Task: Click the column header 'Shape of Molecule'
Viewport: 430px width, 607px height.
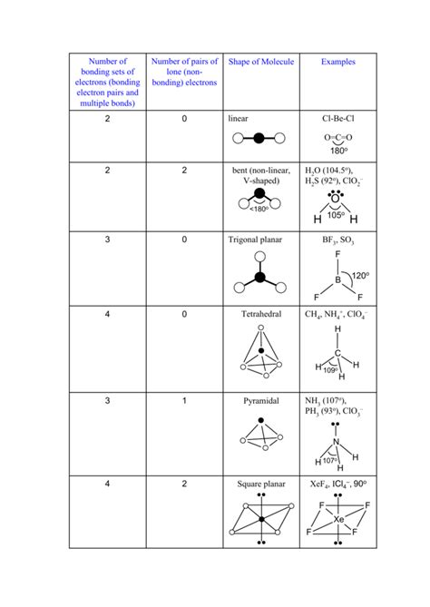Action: [x=260, y=62]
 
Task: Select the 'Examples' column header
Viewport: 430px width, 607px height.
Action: [x=338, y=62]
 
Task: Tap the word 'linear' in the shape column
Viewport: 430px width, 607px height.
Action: [x=239, y=118]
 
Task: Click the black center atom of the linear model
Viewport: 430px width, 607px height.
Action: [x=260, y=139]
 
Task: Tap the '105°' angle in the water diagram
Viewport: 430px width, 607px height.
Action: [x=337, y=215]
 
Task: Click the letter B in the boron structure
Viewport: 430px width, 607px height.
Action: [x=337, y=280]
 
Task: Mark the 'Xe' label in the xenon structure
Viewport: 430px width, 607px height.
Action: [x=338, y=519]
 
